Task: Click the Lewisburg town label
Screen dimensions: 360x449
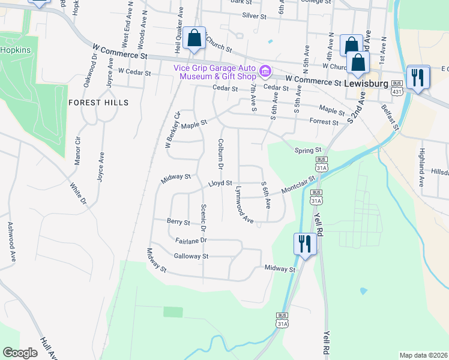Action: click(x=367, y=83)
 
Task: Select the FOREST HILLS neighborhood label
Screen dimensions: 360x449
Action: click(x=98, y=103)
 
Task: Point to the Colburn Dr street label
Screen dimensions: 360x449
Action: click(x=221, y=154)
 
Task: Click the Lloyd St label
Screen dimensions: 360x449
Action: click(x=220, y=183)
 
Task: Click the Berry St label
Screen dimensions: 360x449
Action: click(x=179, y=222)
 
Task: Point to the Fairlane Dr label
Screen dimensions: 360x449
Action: click(x=191, y=239)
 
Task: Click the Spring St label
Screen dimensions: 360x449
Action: click(x=308, y=150)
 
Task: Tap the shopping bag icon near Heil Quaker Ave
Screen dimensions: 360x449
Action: click(x=194, y=38)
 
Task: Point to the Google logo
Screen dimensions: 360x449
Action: click(x=20, y=353)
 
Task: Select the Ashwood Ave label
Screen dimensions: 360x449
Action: click(x=11, y=242)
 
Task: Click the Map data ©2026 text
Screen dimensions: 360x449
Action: click(x=423, y=355)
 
